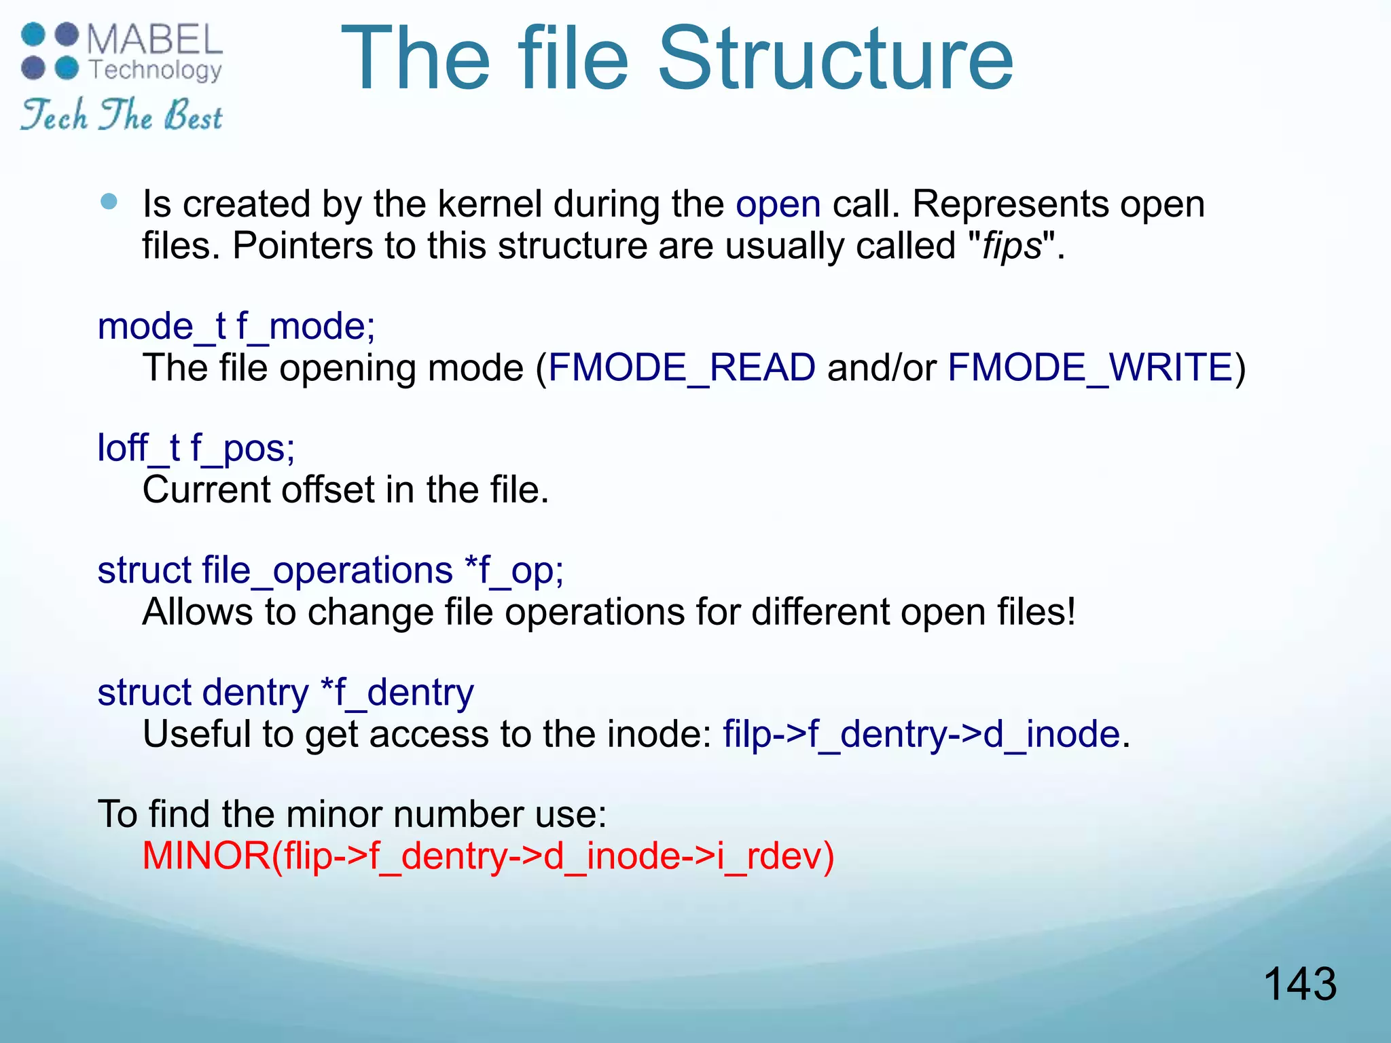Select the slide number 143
1299,984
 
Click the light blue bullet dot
109,202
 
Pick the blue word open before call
778,204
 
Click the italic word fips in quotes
1012,246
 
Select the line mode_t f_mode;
236,327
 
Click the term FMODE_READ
681,368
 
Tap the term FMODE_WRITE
1089,368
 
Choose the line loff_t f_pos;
196,449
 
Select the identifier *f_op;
513,570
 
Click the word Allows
198,612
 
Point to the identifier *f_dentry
397,693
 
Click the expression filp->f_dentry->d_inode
921,735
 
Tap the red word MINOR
206,856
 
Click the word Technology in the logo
156,70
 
